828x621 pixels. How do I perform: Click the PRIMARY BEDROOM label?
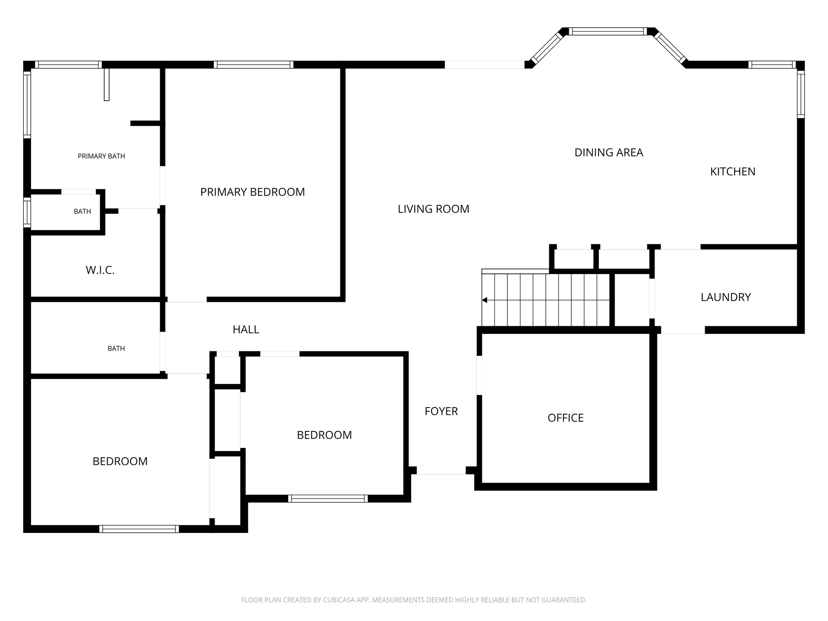pyautogui.click(x=252, y=192)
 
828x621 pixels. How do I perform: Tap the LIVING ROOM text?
pyautogui.click(x=433, y=209)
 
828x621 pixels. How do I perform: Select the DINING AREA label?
pyautogui.click(x=608, y=152)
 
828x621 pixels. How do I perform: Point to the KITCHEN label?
pyautogui.click(x=733, y=171)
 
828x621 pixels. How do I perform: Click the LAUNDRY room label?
pyautogui.click(x=725, y=297)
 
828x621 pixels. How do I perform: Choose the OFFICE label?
pyautogui.click(x=565, y=418)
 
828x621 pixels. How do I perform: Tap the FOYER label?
pyautogui.click(x=441, y=411)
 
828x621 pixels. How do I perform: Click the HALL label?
pyautogui.click(x=246, y=330)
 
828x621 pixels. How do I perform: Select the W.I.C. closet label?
pyautogui.click(x=100, y=270)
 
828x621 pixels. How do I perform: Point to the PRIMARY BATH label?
pyautogui.click(x=101, y=156)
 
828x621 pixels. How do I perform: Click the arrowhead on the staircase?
pyautogui.click(x=485, y=300)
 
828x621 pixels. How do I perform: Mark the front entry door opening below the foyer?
pyautogui.click(x=441, y=471)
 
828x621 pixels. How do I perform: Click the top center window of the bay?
pyautogui.click(x=608, y=32)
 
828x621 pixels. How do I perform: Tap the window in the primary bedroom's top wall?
pyautogui.click(x=253, y=65)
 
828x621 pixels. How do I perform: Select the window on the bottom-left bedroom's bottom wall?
pyautogui.click(x=139, y=529)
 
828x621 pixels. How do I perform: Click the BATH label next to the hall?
pyautogui.click(x=116, y=348)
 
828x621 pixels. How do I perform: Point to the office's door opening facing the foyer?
pyautogui.click(x=479, y=375)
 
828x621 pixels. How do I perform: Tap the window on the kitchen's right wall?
pyautogui.click(x=801, y=94)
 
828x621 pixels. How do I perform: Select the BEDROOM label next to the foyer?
pyautogui.click(x=324, y=435)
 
